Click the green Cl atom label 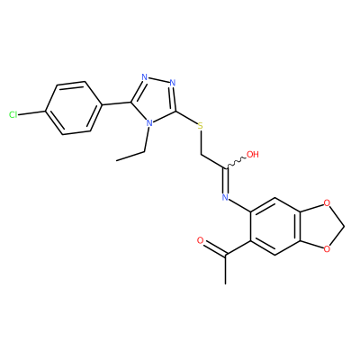point(13,114)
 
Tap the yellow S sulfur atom point(200,126)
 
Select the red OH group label point(252,155)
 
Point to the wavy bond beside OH point(236,161)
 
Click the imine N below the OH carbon point(225,197)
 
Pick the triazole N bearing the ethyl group point(148,123)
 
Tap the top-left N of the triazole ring point(145,77)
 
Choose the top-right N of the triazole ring point(172,83)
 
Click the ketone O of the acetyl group point(201,240)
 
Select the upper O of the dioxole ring point(327,203)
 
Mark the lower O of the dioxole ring point(327,248)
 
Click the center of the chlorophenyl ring point(73,108)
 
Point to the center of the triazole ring point(155,100)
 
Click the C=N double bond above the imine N point(226,180)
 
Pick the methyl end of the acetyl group point(225,283)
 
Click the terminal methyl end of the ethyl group point(116,160)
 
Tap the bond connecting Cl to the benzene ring point(32,112)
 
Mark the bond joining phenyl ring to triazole point(115,103)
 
